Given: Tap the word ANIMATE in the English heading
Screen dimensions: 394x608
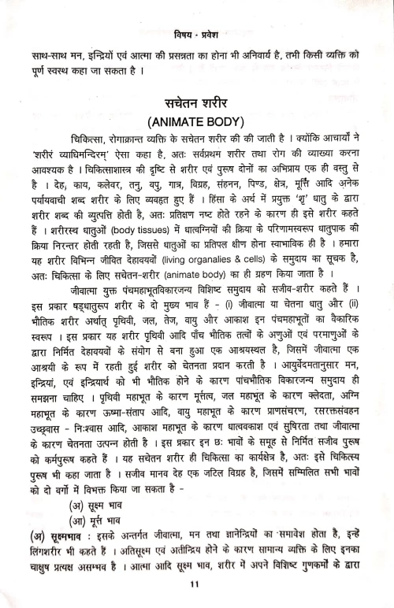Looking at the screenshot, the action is pos(179,130).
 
